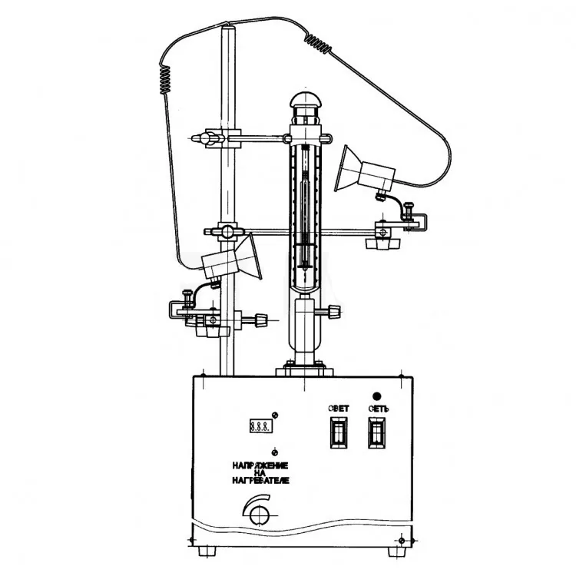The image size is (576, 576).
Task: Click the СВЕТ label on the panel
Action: (338, 408)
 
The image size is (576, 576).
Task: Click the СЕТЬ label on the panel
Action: (379, 409)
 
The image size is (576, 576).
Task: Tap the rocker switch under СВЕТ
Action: (339, 432)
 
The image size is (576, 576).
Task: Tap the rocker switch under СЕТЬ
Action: (377, 432)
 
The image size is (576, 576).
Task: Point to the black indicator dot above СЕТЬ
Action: (376, 396)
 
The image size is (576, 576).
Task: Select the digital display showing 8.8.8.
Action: (261, 426)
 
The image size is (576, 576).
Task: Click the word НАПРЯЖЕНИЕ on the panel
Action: (260, 465)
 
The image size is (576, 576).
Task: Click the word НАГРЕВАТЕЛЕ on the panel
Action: (260, 480)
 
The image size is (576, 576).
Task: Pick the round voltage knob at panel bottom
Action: (260, 515)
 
